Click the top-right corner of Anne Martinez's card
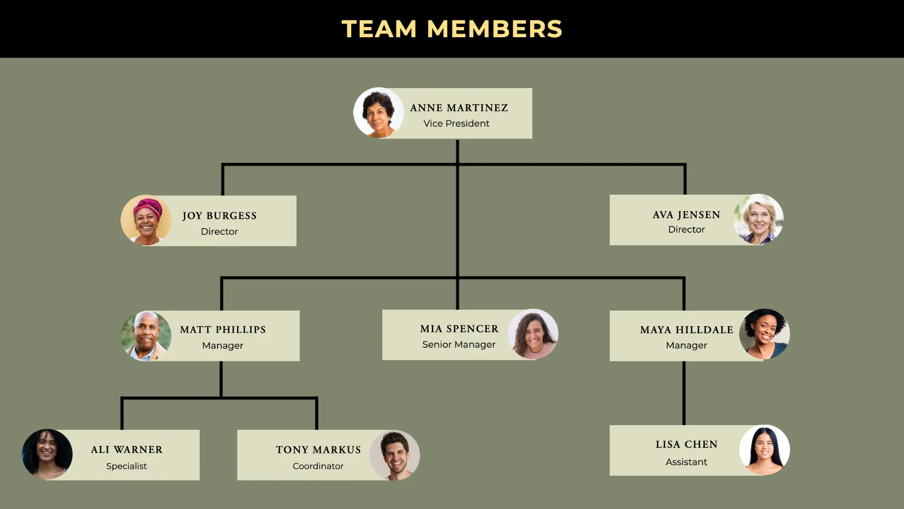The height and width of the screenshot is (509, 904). tap(532, 89)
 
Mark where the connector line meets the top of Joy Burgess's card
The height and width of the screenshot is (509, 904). tap(223, 196)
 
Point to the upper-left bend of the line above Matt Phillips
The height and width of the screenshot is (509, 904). tap(222, 278)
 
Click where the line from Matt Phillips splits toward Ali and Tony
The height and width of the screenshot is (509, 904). tap(221, 398)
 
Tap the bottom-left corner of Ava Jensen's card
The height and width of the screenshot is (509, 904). tap(610, 245)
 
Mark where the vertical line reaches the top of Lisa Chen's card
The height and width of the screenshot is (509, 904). tap(684, 425)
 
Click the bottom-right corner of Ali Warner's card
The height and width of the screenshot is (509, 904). tap(199, 480)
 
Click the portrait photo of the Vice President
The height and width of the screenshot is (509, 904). tap(379, 113)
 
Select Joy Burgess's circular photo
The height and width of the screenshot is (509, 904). tap(146, 220)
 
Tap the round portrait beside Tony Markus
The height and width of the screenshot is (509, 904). tap(395, 455)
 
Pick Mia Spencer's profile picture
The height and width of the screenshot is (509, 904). tap(533, 334)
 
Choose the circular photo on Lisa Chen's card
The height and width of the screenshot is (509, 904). tap(765, 450)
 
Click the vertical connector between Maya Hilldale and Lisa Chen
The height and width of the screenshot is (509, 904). tap(684, 393)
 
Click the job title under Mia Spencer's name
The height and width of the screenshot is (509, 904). tap(459, 345)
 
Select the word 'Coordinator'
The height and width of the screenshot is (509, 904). tap(318, 466)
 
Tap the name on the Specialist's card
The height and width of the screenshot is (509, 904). tap(127, 450)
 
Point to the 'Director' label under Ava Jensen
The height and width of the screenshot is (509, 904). tap(686, 230)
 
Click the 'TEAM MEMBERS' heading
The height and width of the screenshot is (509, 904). tap(452, 29)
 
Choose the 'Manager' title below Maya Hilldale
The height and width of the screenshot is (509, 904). tap(686, 345)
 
